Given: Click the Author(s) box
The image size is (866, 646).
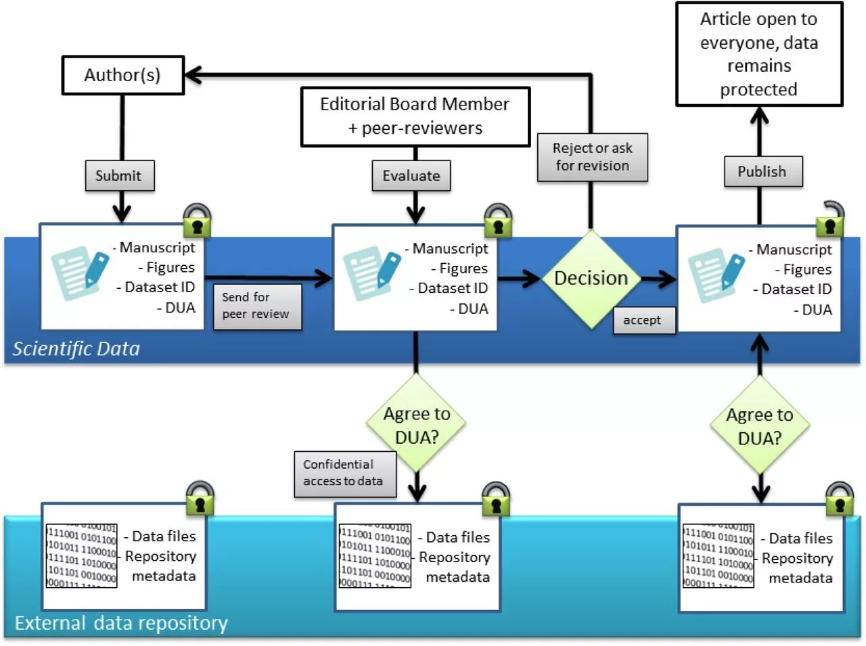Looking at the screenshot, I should click(122, 75).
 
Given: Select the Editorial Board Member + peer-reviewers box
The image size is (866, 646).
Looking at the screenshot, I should click(415, 116).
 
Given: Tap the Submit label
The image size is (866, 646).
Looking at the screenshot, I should click(119, 176).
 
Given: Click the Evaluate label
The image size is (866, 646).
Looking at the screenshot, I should click(411, 176).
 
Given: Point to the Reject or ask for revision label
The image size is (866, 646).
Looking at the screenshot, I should click(593, 157).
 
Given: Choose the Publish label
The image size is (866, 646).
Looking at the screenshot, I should click(762, 172).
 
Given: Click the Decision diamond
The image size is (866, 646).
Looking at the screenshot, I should click(591, 278).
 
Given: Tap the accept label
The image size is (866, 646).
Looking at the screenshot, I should click(643, 320).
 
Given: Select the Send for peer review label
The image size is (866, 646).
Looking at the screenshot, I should click(256, 306).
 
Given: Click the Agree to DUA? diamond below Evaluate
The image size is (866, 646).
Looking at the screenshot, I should click(416, 425).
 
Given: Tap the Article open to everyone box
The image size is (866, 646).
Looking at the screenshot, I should click(759, 54).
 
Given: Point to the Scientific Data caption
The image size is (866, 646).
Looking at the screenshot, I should click(76, 349).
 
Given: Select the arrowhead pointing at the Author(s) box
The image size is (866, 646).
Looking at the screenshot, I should click(193, 74).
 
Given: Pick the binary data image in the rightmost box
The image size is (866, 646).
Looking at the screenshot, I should click(718, 555).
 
